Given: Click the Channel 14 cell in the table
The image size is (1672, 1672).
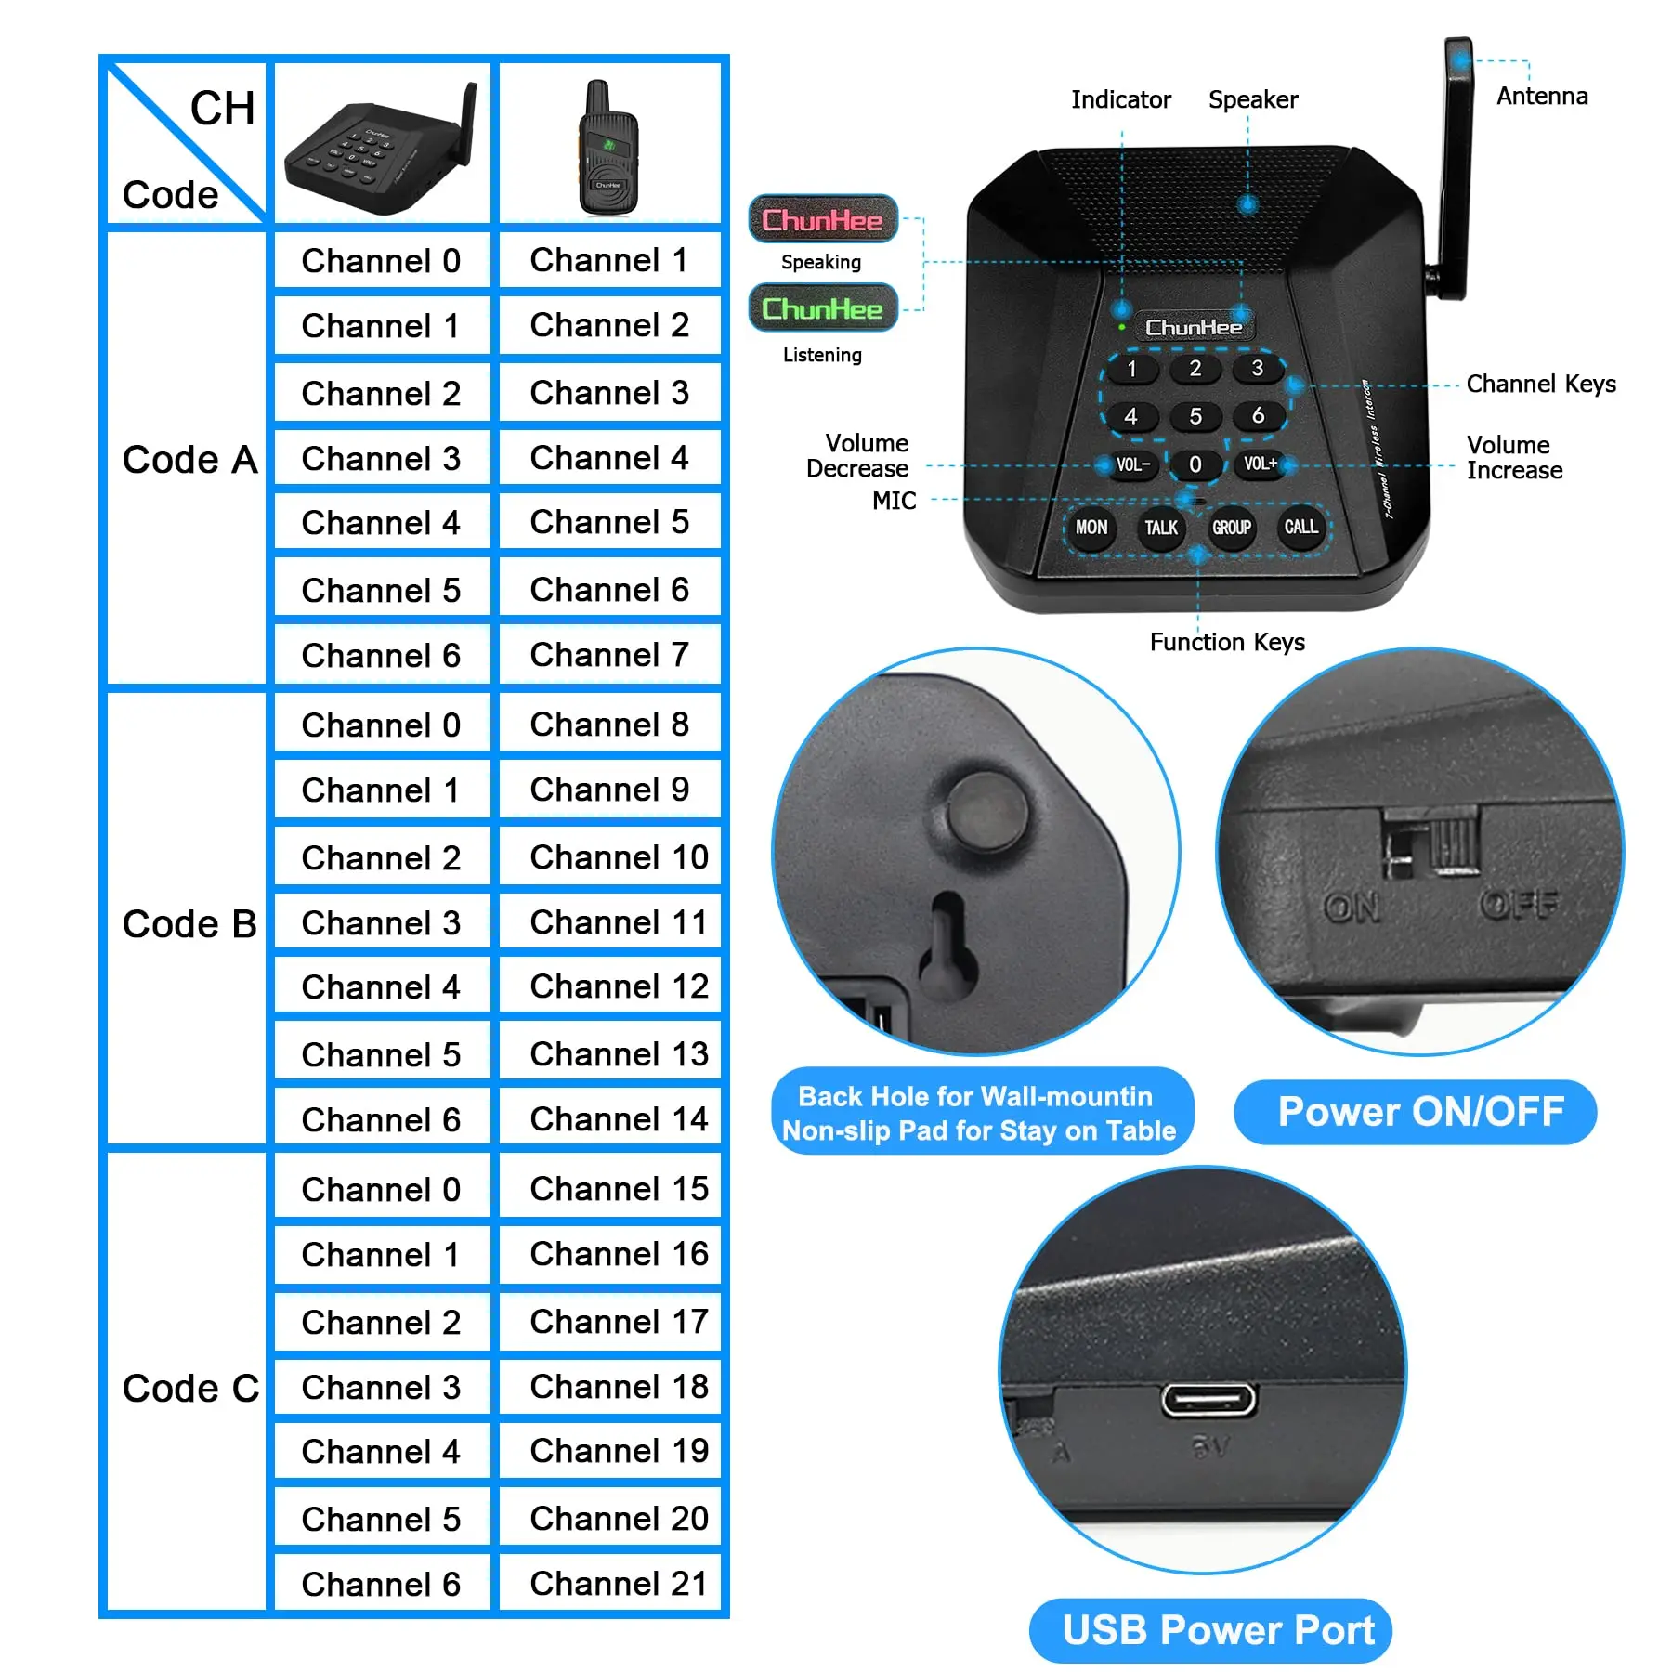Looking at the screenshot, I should (619, 1119).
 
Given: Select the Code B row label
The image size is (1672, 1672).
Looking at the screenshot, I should (189, 924).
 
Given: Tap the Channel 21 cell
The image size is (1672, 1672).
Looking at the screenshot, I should (619, 1584).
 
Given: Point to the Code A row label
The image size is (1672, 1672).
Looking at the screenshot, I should (189, 460).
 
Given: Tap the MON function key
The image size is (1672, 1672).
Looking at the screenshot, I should (1091, 528).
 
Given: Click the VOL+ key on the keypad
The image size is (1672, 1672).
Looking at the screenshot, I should (1261, 464).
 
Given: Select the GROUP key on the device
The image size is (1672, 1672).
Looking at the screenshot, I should (1232, 528).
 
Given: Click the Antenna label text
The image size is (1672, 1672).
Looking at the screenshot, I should (1542, 97).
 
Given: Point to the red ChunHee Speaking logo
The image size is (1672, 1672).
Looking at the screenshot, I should (823, 220).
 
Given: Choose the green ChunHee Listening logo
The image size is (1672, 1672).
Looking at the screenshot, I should (823, 308).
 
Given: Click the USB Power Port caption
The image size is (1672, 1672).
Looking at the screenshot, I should (1218, 1630).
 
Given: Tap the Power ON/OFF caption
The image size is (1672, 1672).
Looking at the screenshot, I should (1420, 1112).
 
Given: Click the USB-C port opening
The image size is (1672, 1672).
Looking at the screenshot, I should (1208, 1400).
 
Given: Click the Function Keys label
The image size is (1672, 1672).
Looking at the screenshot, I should (1227, 642).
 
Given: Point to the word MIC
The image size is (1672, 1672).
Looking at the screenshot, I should (894, 501).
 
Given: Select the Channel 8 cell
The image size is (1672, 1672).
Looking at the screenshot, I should (609, 725).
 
